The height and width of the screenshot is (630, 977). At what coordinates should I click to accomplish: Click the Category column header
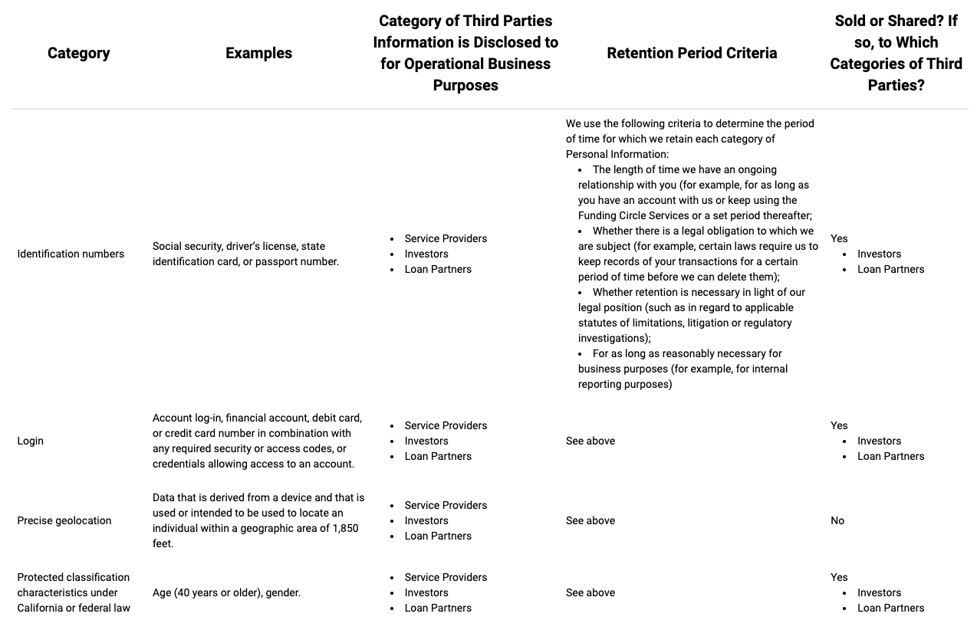click(78, 53)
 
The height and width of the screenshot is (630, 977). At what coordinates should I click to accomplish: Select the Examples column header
click(258, 53)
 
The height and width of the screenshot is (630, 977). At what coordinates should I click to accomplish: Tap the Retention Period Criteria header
click(692, 53)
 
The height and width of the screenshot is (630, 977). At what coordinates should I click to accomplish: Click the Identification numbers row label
click(71, 254)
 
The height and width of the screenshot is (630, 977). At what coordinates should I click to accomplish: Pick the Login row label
click(31, 441)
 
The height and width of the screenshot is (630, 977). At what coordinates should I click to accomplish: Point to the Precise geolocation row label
click(64, 520)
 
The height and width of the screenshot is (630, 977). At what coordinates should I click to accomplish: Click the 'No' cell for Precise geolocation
click(837, 520)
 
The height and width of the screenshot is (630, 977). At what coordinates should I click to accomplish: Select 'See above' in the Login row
click(590, 441)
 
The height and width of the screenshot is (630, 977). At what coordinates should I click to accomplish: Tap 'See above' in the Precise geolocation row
click(590, 520)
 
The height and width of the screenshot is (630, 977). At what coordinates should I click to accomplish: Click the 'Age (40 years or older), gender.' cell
click(226, 592)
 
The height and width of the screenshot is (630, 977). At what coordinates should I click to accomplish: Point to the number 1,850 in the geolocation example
click(345, 528)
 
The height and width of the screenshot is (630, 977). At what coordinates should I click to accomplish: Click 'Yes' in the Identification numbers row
click(839, 238)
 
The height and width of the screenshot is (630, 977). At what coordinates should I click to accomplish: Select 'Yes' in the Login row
click(839, 425)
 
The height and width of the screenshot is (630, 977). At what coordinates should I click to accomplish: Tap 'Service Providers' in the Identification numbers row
click(446, 238)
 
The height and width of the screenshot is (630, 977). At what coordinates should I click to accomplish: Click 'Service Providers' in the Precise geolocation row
click(446, 505)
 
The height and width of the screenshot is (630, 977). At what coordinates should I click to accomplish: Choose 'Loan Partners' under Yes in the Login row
click(890, 456)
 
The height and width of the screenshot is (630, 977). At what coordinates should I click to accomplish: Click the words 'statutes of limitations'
click(633, 323)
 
